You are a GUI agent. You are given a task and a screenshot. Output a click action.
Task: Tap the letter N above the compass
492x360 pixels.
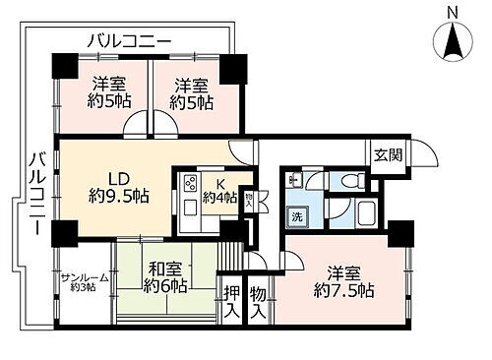point(452,12)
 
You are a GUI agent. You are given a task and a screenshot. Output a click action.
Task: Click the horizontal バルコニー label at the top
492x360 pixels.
point(128,40)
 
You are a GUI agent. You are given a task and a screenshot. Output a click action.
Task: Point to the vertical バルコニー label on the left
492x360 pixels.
point(34,192)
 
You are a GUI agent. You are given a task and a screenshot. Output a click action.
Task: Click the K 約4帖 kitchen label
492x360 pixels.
point(218,189)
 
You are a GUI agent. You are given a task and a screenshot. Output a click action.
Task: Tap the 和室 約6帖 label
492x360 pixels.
point(165,277)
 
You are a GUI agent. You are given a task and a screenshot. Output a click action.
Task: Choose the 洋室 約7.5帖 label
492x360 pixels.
point(338,281)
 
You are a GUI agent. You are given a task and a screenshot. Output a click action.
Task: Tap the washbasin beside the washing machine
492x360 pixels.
point(293,181)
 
